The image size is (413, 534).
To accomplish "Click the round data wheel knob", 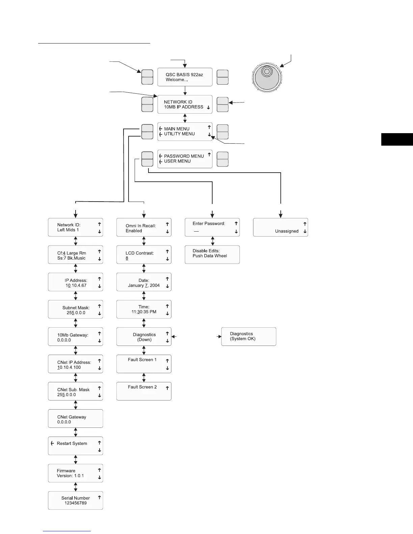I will tap(267, 77).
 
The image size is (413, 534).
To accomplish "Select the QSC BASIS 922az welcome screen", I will tap(185, 77).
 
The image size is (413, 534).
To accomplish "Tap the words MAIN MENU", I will tap(177, 129).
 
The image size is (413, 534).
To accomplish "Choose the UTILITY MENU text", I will tap(179, 134).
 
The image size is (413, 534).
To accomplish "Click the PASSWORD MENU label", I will tap(184, 156).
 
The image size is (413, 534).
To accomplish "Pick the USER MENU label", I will tap(177, 161).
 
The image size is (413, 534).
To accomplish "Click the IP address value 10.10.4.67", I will tap(76, 286).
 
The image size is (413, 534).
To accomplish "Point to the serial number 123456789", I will tap(76, 503).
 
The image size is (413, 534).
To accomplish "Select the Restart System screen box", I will tap(76, 446).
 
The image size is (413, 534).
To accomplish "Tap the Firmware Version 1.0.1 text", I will tap(70, 473).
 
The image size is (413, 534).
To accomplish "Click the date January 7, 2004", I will tap(144, 286).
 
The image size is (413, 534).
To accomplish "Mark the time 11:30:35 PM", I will tap(144, 312).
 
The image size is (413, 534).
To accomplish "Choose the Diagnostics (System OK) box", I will tap(249, 336).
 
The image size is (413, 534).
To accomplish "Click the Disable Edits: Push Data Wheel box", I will tap(212, 255).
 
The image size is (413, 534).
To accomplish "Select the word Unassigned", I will tap(287, 231).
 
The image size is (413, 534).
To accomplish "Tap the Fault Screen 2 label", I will tap(142, 387).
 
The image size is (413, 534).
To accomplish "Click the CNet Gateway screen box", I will tap(76, 419).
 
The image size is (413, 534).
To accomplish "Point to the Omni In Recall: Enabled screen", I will tap(144, 228).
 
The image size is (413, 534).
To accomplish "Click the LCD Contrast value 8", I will tap(127, 258).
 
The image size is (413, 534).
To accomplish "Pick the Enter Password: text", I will tap(209, 224).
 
